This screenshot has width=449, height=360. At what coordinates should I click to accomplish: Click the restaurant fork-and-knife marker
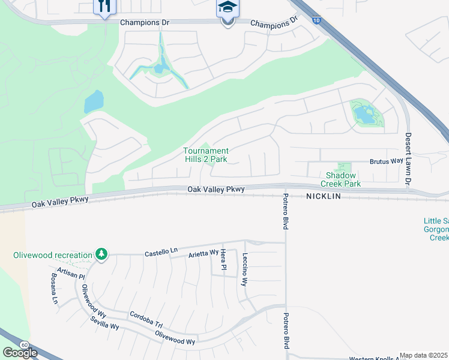(x=104, y=7)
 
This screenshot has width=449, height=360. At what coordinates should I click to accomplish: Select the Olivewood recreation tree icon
(x=102, y=255)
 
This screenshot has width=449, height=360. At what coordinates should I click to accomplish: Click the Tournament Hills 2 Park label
(x=205, y=155)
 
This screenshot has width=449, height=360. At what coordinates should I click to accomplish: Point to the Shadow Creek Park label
(x=340, y=180)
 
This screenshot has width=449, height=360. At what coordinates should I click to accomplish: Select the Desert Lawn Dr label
(x=408, y=158)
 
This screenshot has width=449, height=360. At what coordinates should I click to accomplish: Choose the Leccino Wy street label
(x=245, y=268)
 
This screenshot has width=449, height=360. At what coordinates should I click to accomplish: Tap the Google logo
(x=20, y=353)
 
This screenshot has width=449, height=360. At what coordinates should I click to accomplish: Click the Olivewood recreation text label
(x=53, y=255)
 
